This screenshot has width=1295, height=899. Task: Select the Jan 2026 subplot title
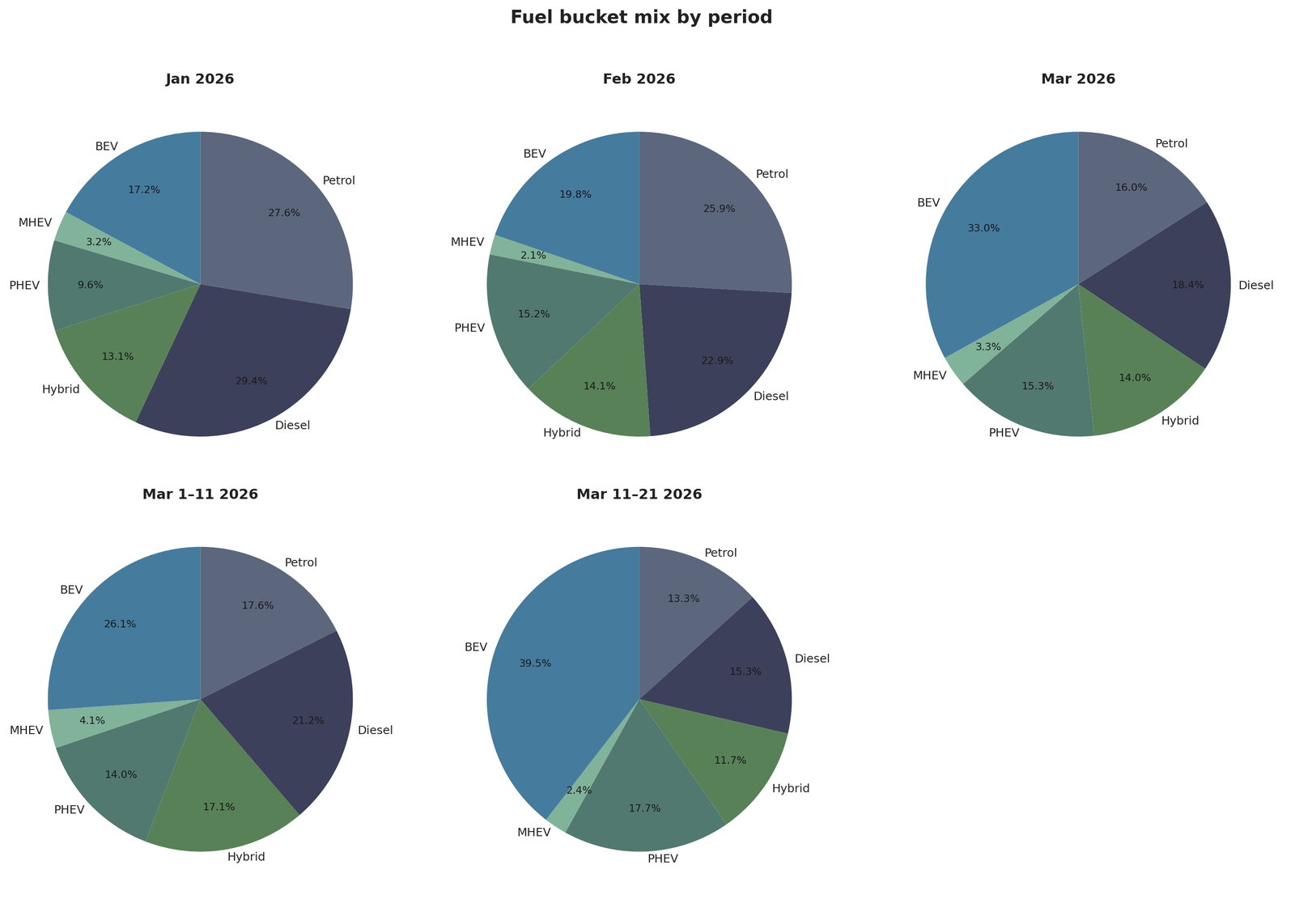pyautogui.click(x=200, y=79)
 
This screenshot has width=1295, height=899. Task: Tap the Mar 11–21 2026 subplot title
pyautogui.click(x=639, y=494)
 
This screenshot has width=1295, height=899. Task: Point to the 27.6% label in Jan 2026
pyautogui.click(x=284, y=213)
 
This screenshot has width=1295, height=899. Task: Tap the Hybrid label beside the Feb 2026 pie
pyautogui.click(x=562, y=433)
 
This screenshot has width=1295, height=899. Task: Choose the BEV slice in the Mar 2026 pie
pyautogui.click(x=996, y=243)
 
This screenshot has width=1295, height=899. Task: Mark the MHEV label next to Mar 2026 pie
pyautogui.click(x=929, y=375)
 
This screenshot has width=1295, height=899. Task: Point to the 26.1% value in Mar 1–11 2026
pyautogui.click(x=120, y=624)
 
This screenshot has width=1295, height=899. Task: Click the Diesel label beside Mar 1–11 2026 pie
pyautogui.click(x=375, y=730)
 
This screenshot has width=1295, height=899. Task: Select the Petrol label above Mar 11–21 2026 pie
pyautogui.click(x=720, y=553)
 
